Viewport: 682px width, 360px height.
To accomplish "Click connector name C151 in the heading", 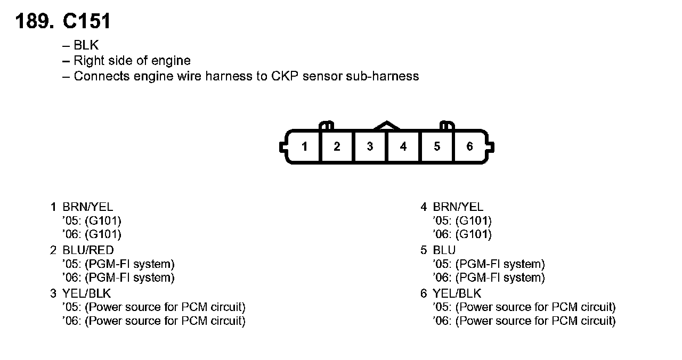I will pyautogui.click(x=87, y=21).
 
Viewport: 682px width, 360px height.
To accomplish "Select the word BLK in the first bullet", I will pyautogui.click(x=86, y=46).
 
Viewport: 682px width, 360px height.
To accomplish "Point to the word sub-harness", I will pyautogui.click(x=383, y=76).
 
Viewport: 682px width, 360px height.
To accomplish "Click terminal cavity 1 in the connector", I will pyautogui.click(x=304, y=146).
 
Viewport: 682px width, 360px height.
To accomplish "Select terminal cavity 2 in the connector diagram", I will pyautogui.click(x=337, y=146).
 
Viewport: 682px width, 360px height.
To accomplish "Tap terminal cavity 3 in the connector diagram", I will pyautogui.click(x=370, y=146).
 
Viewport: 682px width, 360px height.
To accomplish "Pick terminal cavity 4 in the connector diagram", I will pyautogui.click(x=403, y=146).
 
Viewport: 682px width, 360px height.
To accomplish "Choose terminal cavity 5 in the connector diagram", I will pyautogui.click(x=437, y=146).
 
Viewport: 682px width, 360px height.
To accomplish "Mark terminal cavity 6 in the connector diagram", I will pyautogui.click(x=469, y=146).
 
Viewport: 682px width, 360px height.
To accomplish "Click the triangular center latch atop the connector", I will pyautogui.click(x=387, y=126).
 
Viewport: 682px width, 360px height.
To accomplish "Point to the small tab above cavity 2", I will pyautogui.click(x=326, y=126).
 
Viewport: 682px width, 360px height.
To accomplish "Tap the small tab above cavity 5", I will pyautogui.click(x=447, y=126).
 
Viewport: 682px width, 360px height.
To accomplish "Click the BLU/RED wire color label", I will pyautogui.click(x=88, y=250).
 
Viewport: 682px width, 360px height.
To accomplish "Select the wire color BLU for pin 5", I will pyautogui.click(x=444, y=250).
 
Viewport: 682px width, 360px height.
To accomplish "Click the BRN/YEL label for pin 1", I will pyautogui.click(x=88, y=207).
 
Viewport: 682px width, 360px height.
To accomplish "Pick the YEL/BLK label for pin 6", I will pyautogui.click(x=457, y=293).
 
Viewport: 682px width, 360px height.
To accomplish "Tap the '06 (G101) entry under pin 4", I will pyautogui.click(x=463, y=234).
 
